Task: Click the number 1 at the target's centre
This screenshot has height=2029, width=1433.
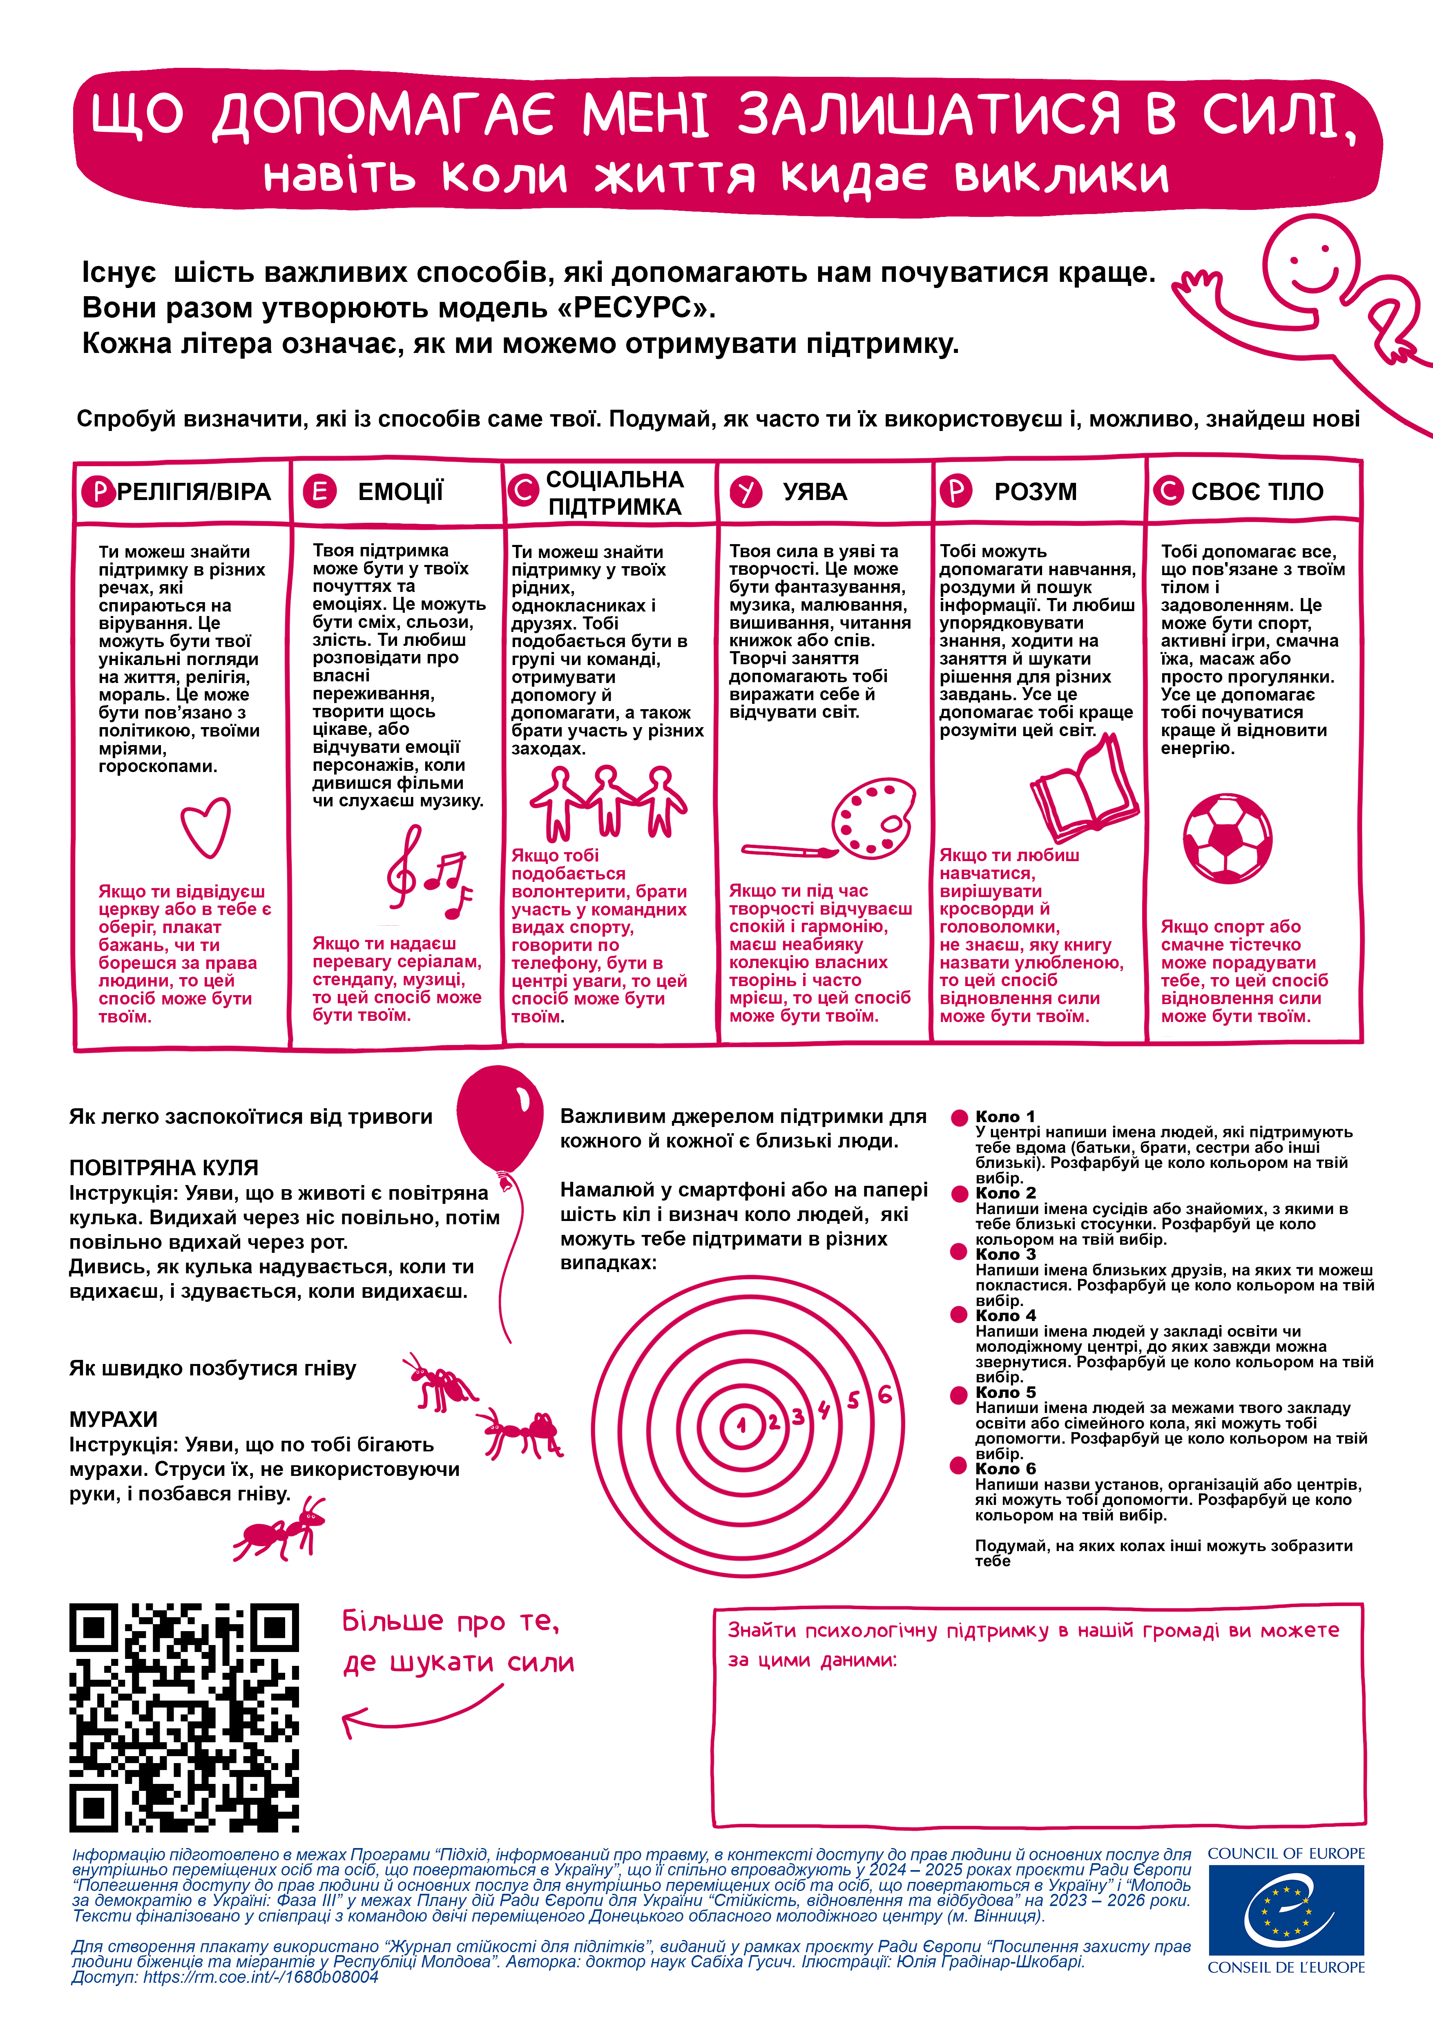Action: pyautogui.click(x=741, y=1424)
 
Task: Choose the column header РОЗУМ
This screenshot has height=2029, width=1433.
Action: pyautogui.click(x=1036, y=491)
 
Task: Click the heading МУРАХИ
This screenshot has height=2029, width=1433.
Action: pyautogui.click(x=113, y=1419)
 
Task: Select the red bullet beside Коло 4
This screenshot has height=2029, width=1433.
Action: pyautogui.click(x=959, y=1315)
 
